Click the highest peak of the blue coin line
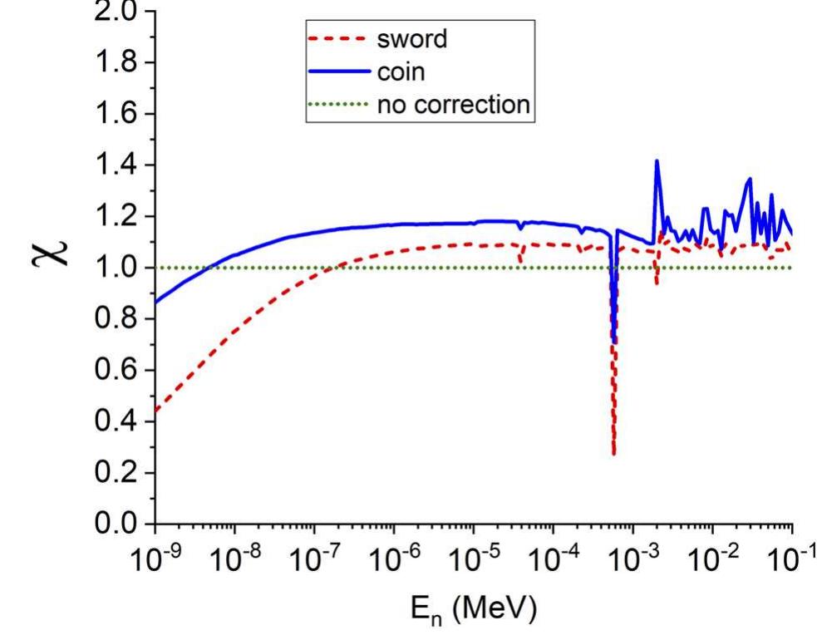click(657, 160)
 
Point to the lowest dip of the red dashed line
click(614, 454)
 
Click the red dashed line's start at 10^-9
click(156, 411)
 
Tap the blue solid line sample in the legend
click(332, 72)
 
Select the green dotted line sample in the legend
click(332, 105)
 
